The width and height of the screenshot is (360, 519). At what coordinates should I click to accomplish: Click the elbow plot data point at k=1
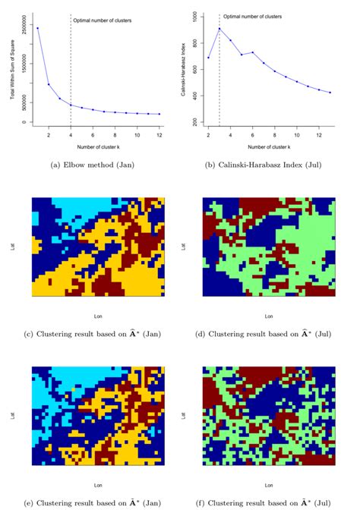click(x=38, y=28)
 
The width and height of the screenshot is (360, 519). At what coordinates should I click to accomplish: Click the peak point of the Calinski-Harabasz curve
click(x=219, y=29)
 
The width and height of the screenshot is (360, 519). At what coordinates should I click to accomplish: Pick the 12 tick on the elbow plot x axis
click(x=159, y=134)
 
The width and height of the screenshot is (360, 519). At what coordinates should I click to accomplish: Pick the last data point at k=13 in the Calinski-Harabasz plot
click(x=330, y=93)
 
